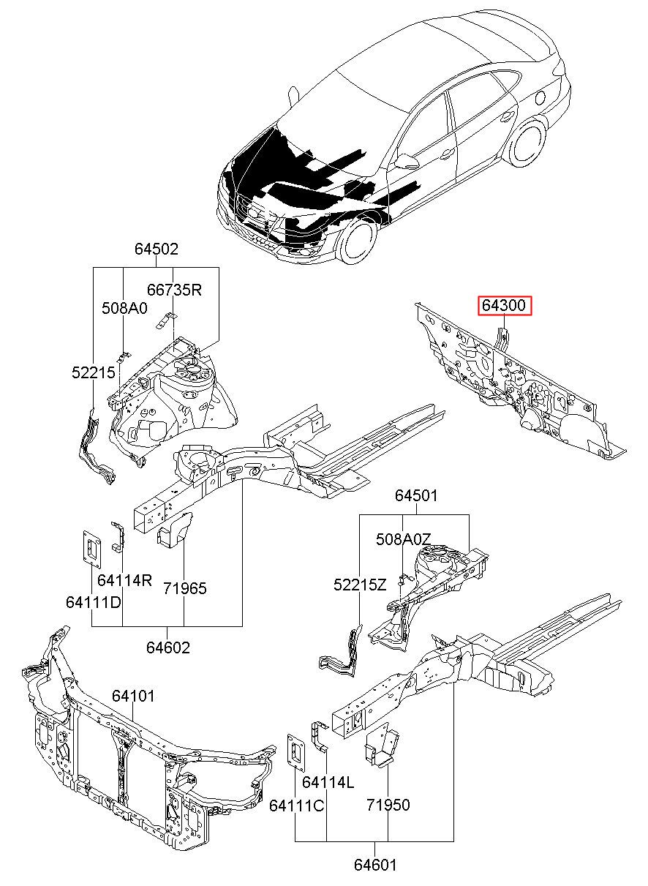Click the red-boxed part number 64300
[505, 306]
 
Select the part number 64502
[156, 249]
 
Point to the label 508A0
[124, 308]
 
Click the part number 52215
[93, 372]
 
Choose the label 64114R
[124, 580]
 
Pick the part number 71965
[184, 588]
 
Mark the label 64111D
[93, 602]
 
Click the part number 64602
[167, 647]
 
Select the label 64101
[133, 696]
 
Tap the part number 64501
[416, 496]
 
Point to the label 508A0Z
[404, 539]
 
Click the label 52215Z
[360, 585]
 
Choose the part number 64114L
[328, 783]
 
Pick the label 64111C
[296, 805]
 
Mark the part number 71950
[388, 805]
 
